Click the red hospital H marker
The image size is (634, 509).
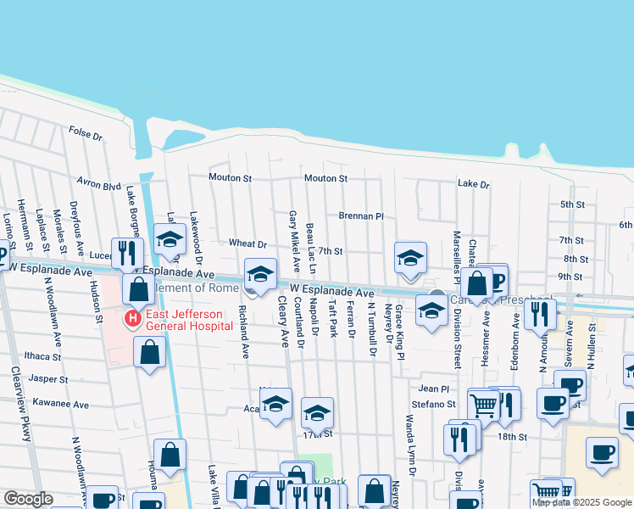132,319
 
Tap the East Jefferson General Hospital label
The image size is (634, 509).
184,320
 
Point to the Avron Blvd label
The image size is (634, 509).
99,184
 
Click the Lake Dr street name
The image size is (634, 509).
473,184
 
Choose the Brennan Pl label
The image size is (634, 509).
362,216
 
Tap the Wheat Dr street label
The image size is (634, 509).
247,243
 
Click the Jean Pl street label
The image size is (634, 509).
433,388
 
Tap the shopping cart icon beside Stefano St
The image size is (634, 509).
483,406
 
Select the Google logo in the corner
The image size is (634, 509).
28,499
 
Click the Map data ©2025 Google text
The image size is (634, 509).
581,502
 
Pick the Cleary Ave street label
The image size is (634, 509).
282,327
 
